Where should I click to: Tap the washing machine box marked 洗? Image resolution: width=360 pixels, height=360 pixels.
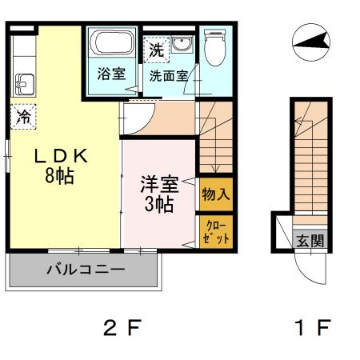tap(156, 49)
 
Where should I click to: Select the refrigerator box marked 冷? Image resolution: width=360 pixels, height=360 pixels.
tap(24, 117)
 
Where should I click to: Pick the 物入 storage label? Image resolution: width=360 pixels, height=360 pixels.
tap(215, 193)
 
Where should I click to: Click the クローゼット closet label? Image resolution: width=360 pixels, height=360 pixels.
tap(215, 232)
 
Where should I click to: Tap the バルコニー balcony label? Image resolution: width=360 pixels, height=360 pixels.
tap(85, 269)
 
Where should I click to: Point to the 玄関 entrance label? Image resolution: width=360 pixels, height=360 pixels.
tap(309, 241)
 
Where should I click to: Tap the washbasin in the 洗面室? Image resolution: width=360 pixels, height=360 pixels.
tap(183, 47)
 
